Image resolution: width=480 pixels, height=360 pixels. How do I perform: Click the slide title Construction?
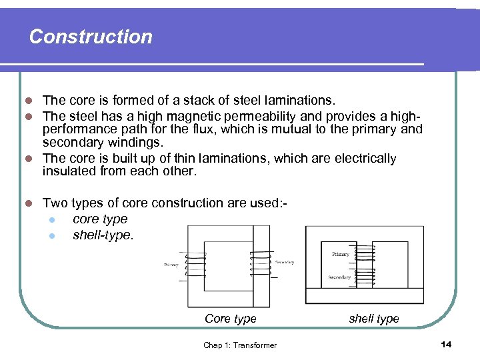tap(91, 37)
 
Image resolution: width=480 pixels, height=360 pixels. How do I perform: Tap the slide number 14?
tap(446, 343)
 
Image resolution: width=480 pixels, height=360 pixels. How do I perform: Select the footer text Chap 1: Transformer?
tap(240, 345)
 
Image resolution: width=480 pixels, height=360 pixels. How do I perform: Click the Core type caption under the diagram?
tap(230, 319)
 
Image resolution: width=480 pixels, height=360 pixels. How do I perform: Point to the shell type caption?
tap(374, 319)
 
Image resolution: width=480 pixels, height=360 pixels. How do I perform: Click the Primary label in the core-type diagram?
tap(171, 265)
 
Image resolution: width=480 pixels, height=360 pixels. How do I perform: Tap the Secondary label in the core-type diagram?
tap(284, 262)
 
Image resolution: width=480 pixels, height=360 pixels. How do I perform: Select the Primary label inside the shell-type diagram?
tap(340, 254)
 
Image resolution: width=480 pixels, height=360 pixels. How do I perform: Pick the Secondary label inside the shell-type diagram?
tap(339, 277)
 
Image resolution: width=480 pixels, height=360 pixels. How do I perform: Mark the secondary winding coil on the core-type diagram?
tap(260, 265)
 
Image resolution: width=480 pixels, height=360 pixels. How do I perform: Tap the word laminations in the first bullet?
tap(299, 101)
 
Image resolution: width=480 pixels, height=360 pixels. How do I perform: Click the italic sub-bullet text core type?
tap(100, 219)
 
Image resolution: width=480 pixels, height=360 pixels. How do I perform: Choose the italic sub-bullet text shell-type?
tap(103, 235)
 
